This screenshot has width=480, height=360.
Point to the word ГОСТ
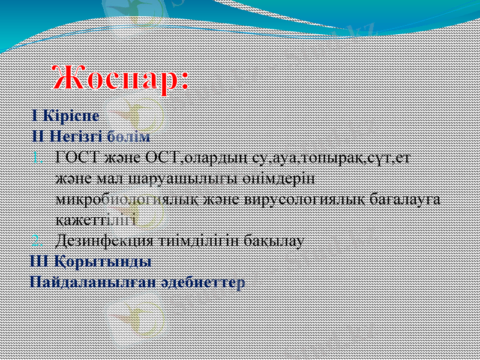(73, 158)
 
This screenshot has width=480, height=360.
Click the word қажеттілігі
(96, 220)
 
